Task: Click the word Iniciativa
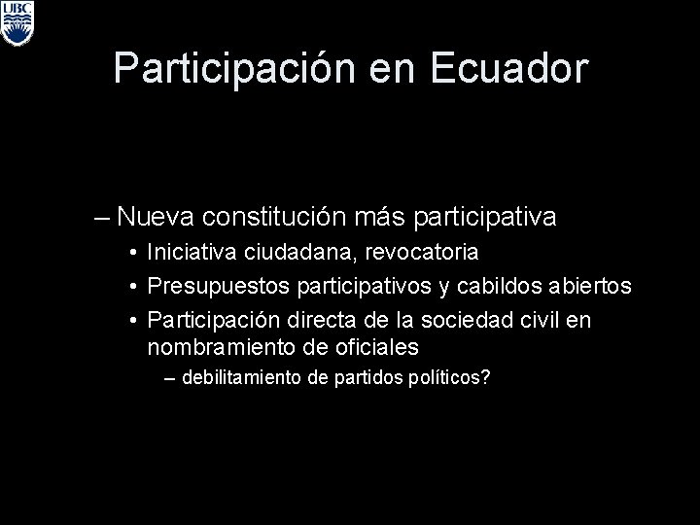(189, 253)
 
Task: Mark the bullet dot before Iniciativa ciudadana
(130, 254)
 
